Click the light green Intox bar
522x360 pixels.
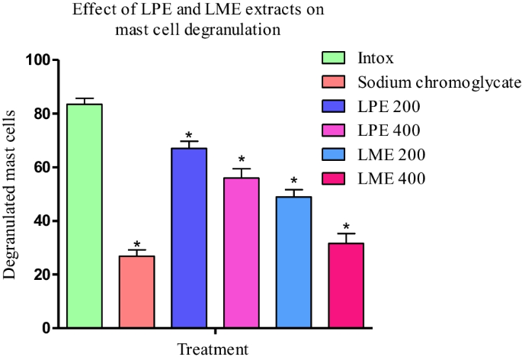(84, 216)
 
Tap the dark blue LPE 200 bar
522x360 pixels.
(188, 238)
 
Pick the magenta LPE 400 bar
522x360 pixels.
(241, 252)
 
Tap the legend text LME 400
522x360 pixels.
(391, 179)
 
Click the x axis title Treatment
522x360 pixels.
(213, 350)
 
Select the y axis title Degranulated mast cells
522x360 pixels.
(11, 194)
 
